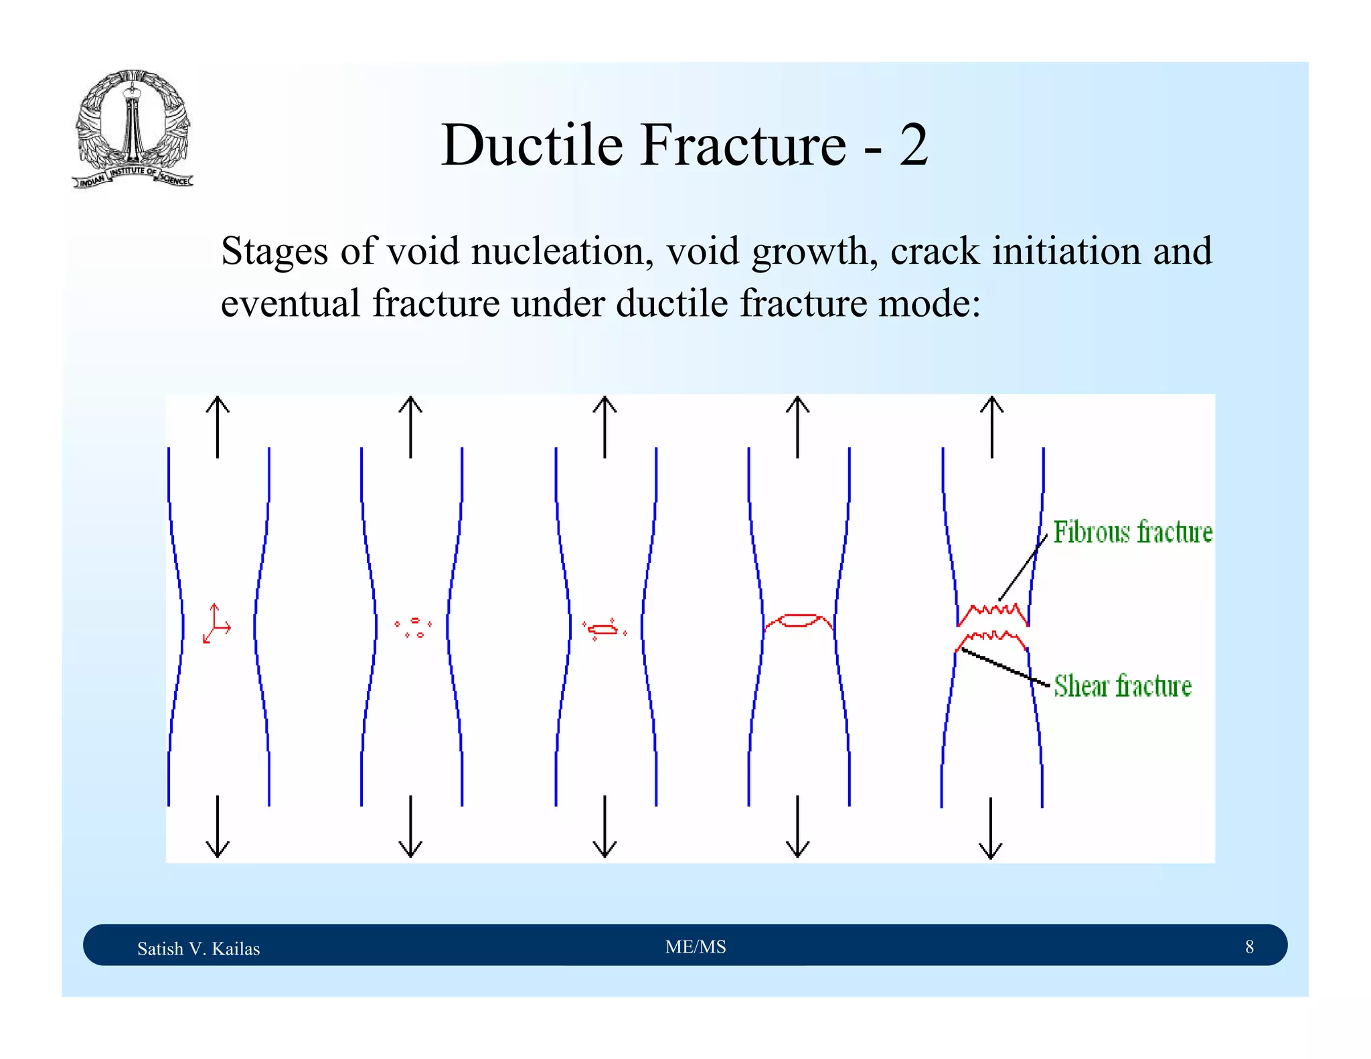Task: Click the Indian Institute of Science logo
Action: pos(133,129)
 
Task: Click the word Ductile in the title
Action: pos(532,145)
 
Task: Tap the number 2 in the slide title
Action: pos(913,145)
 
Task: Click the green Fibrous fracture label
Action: pos(1133,532)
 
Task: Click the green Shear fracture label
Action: pos(1123,686)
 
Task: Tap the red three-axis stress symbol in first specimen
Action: pos(216,625)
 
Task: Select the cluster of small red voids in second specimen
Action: pos(414,628)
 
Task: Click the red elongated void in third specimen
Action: pos(604,629)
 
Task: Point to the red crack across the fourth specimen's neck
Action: pos(798,621)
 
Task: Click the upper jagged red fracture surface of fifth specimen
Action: pos(993,613)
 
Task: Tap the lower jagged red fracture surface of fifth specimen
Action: pos(992,638)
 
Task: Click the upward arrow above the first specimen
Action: pos(218,426)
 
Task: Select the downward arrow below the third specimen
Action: pos(604,827)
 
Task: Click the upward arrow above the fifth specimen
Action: pos(991,426)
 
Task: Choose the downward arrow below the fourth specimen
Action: pos(797,827)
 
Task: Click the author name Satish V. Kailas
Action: pos(198,949)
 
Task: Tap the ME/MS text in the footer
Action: pos(696,947)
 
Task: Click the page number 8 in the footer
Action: pos(1249,947)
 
